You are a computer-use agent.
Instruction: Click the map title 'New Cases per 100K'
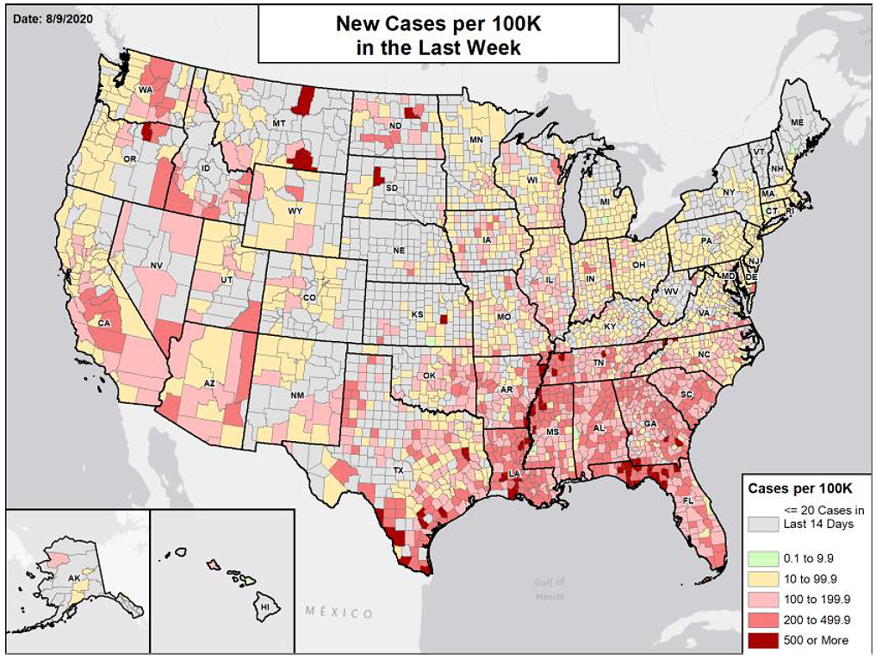click(438, 23)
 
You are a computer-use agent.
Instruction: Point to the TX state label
click(398, 471)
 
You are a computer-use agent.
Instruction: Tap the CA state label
click(104, 323)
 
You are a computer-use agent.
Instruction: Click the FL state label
click(688, 500)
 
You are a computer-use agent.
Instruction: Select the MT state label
click(279, 124)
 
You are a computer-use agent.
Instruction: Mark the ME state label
click(797, 123)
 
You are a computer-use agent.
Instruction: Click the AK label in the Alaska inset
click(74, 578)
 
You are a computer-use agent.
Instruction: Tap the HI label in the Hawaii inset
click(264, 606)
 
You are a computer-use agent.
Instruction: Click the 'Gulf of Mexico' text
click(549, 589)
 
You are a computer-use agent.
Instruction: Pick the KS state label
click(417, 314)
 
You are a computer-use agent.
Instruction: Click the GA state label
click(650, 425)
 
